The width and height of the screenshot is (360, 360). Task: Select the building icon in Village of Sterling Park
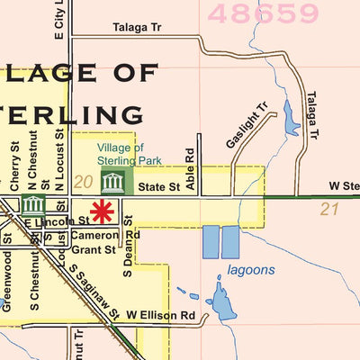(x=113, y=184)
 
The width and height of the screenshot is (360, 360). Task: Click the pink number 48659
(x=263, y=13)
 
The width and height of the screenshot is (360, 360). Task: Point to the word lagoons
(x=251, y=269)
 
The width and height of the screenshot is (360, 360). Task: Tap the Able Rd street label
(x=190, y=168)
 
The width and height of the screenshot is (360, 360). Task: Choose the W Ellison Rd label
(x=161, y=315)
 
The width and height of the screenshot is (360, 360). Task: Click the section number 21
(x=328, y=209)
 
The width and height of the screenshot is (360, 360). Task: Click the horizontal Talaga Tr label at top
(x=137, y=29)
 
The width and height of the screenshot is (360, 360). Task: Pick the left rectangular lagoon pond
(x=210, y=242)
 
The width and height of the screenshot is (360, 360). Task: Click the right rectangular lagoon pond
(x=230, y=242)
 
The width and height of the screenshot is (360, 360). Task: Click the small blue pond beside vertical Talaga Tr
(x=291, y=118)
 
